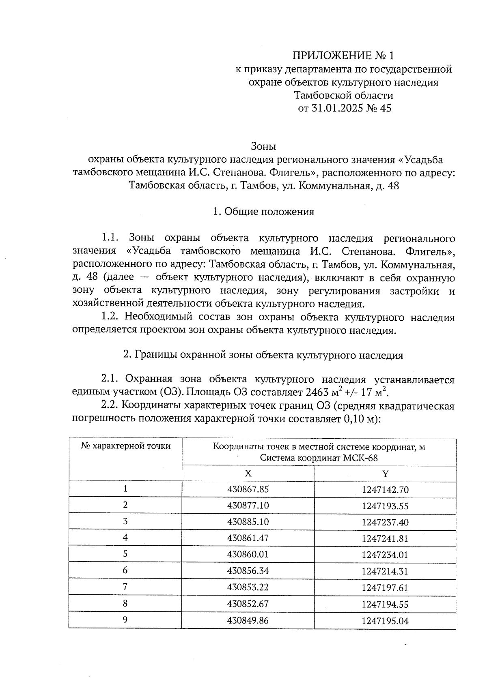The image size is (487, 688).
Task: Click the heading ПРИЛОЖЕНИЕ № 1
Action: point(343,56)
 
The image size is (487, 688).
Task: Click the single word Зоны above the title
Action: point(263,146)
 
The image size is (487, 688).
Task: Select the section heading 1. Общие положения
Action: point(263,212)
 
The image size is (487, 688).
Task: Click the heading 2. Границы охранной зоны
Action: point(263,355)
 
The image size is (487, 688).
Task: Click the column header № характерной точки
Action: point(125,446)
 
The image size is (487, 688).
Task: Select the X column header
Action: point(248,474)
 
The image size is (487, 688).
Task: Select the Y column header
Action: point(385,474)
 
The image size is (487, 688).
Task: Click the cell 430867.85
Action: point(248,489)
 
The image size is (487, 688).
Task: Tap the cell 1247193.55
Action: point(385,506)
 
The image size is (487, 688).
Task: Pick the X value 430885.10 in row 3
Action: point(248,522)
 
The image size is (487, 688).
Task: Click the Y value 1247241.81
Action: point(385,538)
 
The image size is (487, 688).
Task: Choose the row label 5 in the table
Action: point(125,554)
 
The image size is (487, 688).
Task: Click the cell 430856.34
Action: point(248,571)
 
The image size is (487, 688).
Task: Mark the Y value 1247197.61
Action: point(385,588)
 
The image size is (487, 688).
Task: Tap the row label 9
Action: point(125,620)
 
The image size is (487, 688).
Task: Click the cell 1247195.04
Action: point(385,621)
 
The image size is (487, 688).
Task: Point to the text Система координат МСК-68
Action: point(319,459)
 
